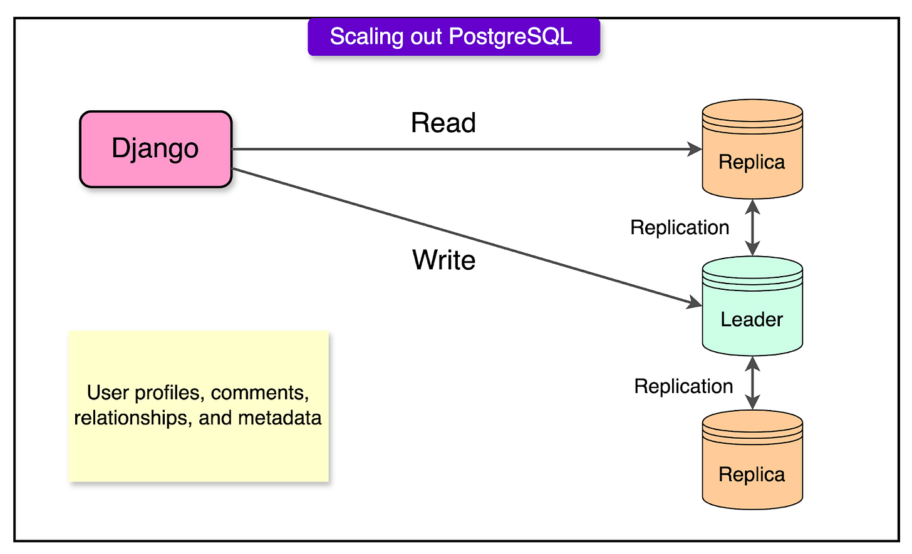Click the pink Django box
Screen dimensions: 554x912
pyautogui.click(x=155, y=149)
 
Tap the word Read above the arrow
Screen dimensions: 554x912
pyautogui.click(x=443, y=123)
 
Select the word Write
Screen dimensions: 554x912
pyautogui.click(x=443, y=259)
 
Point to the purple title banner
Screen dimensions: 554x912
pyautogui.click(x=453, y=37)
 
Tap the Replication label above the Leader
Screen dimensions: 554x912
pyautogui.click(x=680, y=227)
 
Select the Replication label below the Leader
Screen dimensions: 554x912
pyautogui.click(x=683, y=386)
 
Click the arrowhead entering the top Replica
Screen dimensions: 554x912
pyautogui.click(x=695, y=149)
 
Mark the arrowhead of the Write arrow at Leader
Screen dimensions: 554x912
pyautogui.click(x=695, y=304)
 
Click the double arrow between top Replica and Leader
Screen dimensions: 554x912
pyautogui.click(x=752, y=227)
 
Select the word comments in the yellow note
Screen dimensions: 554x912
pyautogui.click(x=261, y=393)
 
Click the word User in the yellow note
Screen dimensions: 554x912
pyautogui.click(x=103, y=393)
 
